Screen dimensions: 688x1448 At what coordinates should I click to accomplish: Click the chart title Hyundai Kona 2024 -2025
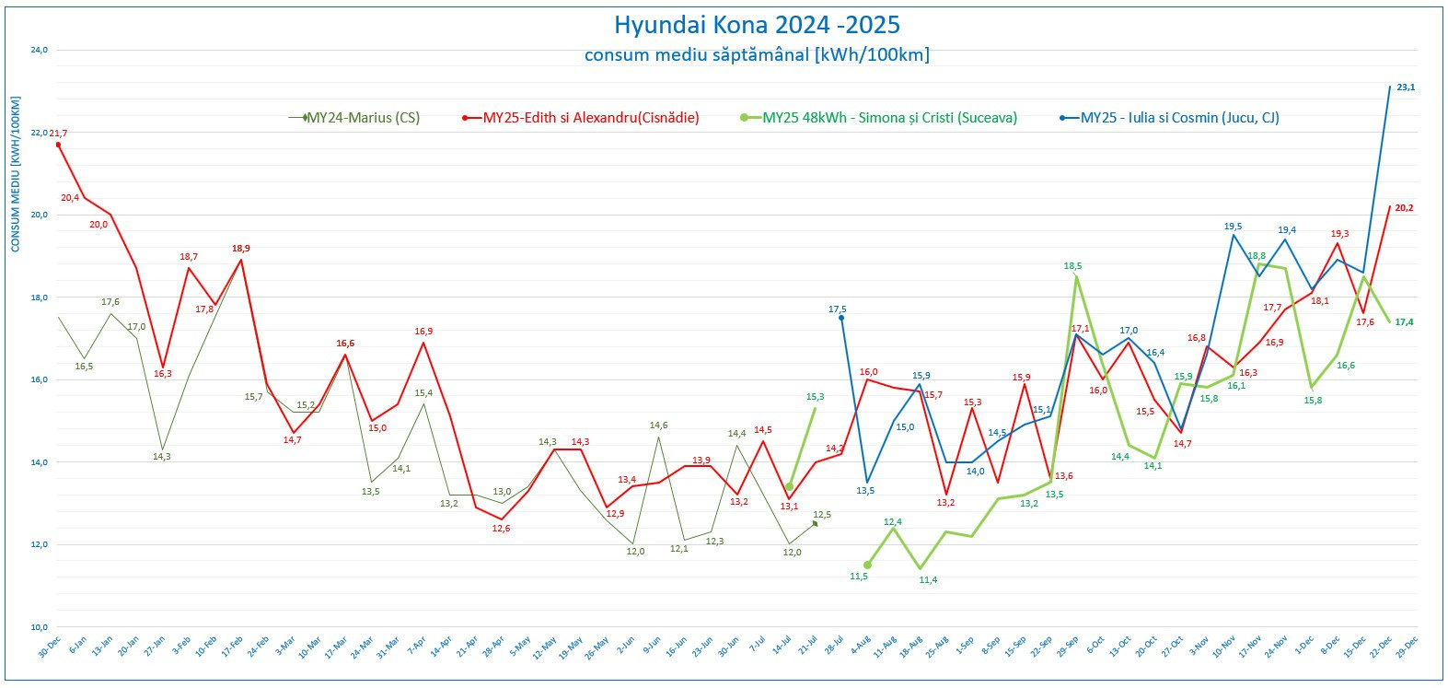757,25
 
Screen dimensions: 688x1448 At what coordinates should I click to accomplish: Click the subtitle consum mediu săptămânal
757,55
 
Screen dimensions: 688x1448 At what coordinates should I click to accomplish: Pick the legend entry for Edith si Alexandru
590,118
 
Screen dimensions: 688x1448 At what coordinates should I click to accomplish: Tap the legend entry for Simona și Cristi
889,118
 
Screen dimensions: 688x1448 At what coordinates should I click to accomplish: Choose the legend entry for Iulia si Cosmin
1179,118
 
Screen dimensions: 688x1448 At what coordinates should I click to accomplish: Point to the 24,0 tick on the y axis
39,51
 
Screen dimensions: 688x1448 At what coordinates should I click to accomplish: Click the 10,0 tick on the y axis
39,627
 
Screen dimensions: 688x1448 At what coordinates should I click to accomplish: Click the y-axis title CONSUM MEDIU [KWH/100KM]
16,173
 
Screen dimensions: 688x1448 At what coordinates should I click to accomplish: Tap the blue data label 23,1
1406,87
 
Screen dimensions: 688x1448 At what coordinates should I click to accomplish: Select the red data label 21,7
58,134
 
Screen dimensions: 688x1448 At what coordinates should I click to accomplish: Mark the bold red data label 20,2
1404,208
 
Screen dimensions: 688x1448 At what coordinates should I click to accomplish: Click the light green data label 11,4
928,580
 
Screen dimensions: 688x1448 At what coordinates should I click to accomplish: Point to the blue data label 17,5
837,309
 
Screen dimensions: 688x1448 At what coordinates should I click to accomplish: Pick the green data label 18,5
1072,266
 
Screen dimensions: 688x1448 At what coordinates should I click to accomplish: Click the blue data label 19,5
1233,227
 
